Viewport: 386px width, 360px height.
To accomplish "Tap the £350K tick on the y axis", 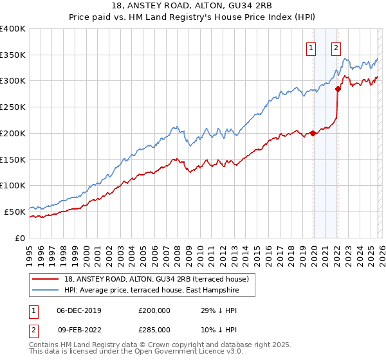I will [13, 55].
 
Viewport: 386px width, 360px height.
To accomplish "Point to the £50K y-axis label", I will [15, 211].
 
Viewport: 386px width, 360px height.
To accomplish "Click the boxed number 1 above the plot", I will [311, 47].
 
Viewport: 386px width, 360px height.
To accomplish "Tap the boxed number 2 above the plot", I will [336, 47].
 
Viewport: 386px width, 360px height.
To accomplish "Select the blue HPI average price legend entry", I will [151, 291].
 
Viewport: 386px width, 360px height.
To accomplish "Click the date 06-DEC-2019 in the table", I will [78, 310].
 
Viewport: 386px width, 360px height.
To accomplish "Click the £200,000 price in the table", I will [154, 310].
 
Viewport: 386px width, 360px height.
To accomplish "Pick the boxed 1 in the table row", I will [32, 310].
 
